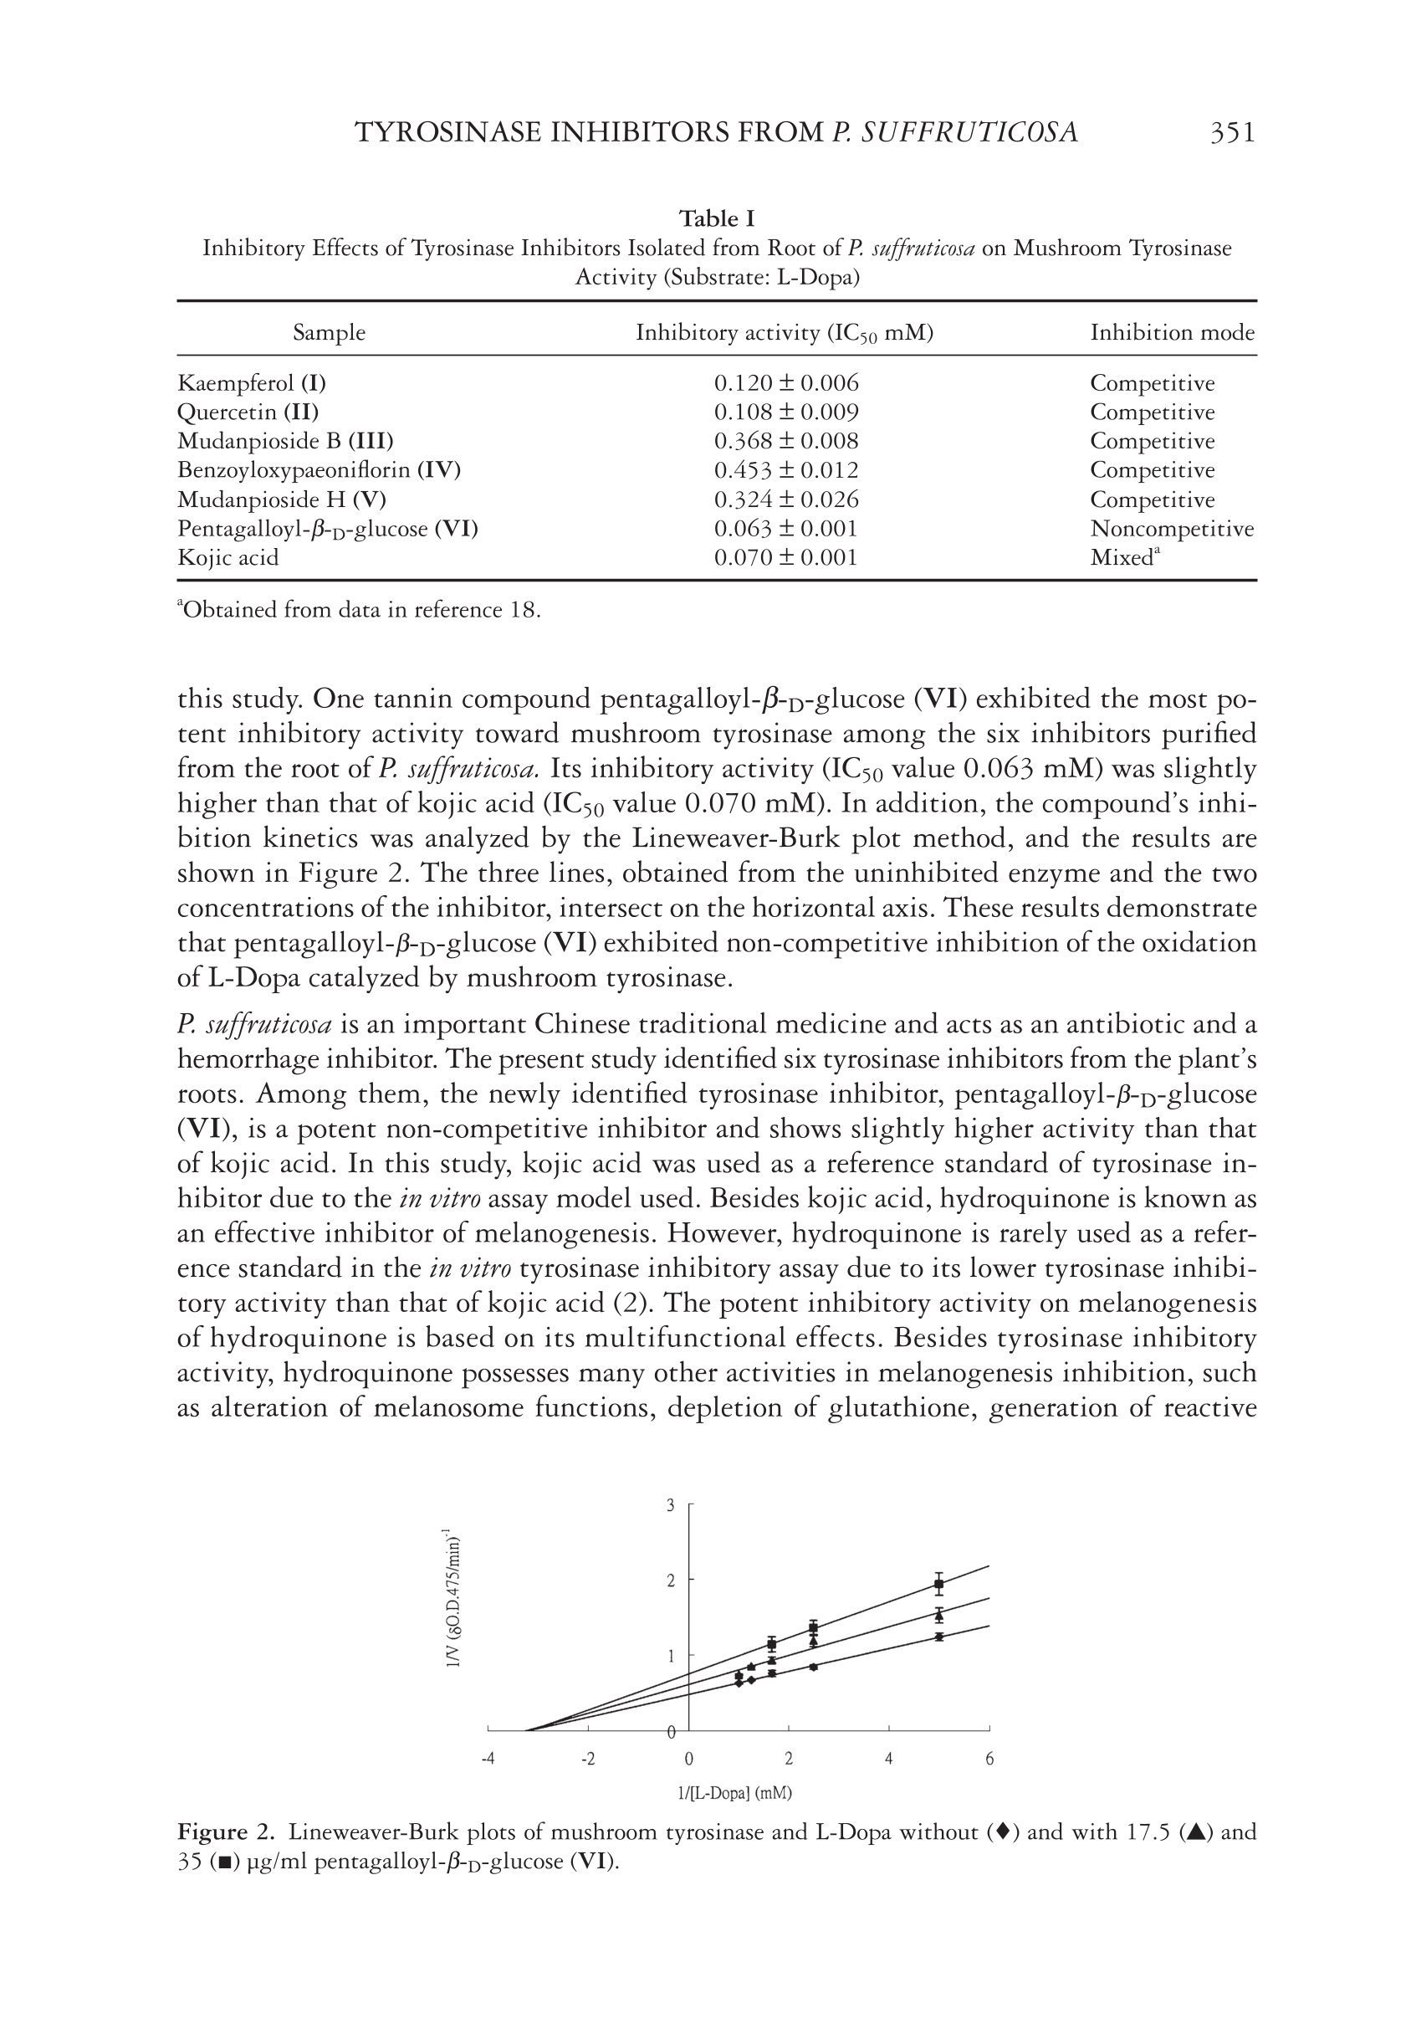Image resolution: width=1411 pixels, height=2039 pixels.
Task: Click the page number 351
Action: pos(1231,133)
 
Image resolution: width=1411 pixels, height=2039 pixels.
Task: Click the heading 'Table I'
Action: pos(716,218)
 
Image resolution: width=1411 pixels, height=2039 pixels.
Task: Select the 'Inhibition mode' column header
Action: pos(1172,332)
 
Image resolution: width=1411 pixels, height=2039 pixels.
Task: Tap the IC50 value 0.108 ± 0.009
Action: pos(786,412)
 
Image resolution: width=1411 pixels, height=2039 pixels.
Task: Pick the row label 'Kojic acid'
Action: pos(228,558)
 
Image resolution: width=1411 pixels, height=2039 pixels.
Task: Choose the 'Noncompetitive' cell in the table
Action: pos(1172,529)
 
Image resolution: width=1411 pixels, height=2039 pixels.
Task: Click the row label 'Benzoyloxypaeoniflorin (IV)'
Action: pos(320,469)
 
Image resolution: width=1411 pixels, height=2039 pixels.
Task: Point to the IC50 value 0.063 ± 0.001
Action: pos(786,529)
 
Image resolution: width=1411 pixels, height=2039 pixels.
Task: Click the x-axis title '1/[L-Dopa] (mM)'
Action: pos(734,1793)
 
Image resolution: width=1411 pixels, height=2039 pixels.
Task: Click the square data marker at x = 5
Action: pos(939,1583)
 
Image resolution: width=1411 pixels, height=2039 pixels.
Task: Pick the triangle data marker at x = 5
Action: pos(939,1616)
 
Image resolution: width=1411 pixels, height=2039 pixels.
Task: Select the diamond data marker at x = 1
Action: pos(739,1682)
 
